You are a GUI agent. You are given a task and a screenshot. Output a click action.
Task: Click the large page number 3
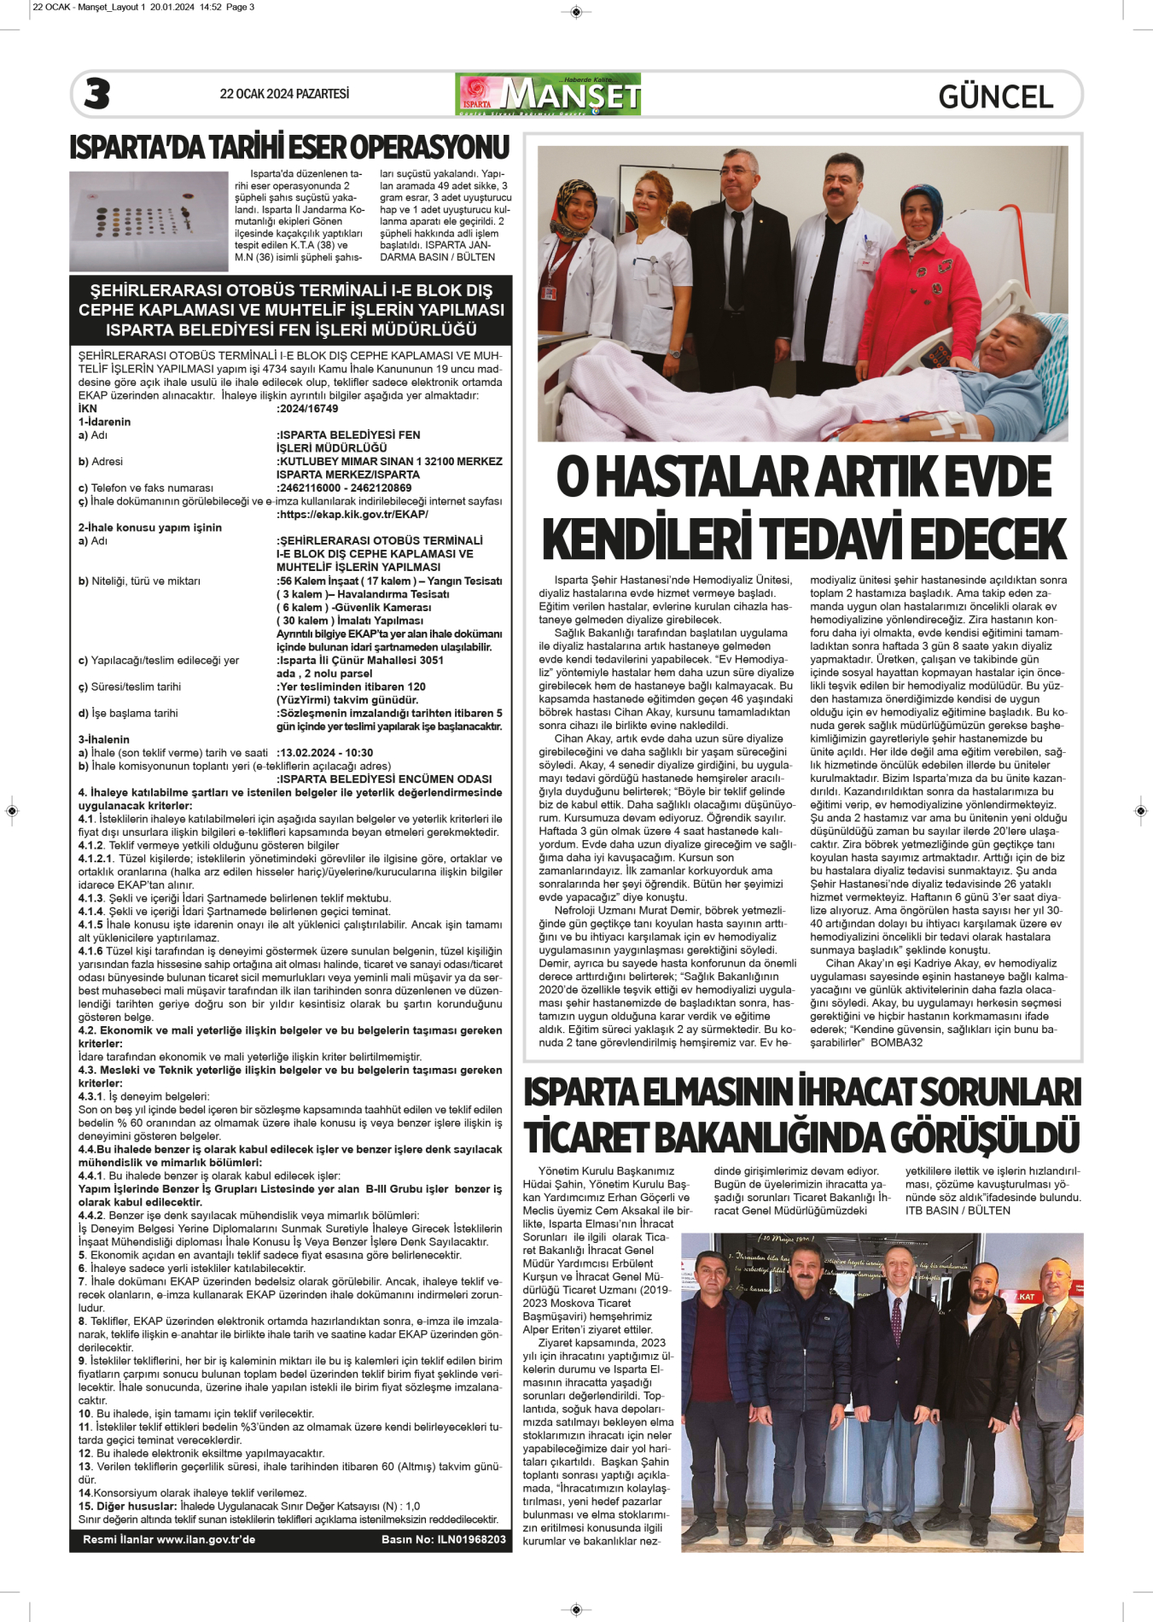pyautogui.click(x=97, y=94)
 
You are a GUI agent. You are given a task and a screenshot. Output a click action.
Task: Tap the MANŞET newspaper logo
pyautogui.click(x=549, y=94)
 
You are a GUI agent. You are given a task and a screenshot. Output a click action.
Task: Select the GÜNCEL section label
pyautogui.click(x=995, y=97)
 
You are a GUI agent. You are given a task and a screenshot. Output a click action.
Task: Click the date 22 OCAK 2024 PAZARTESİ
pyautogui.click(x=284, y=94)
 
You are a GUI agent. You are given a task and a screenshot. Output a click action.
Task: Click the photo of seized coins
pyautogui.click(x=148, y=217)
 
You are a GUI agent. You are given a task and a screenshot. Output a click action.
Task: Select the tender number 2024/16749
pyautogui.click(x=308, y=409)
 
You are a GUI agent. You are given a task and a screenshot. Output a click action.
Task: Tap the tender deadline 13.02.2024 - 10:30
pyautogui.click(x=326, y=753)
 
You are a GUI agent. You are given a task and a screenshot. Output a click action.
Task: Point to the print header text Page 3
pyautogui.click(x=240, y=7)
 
